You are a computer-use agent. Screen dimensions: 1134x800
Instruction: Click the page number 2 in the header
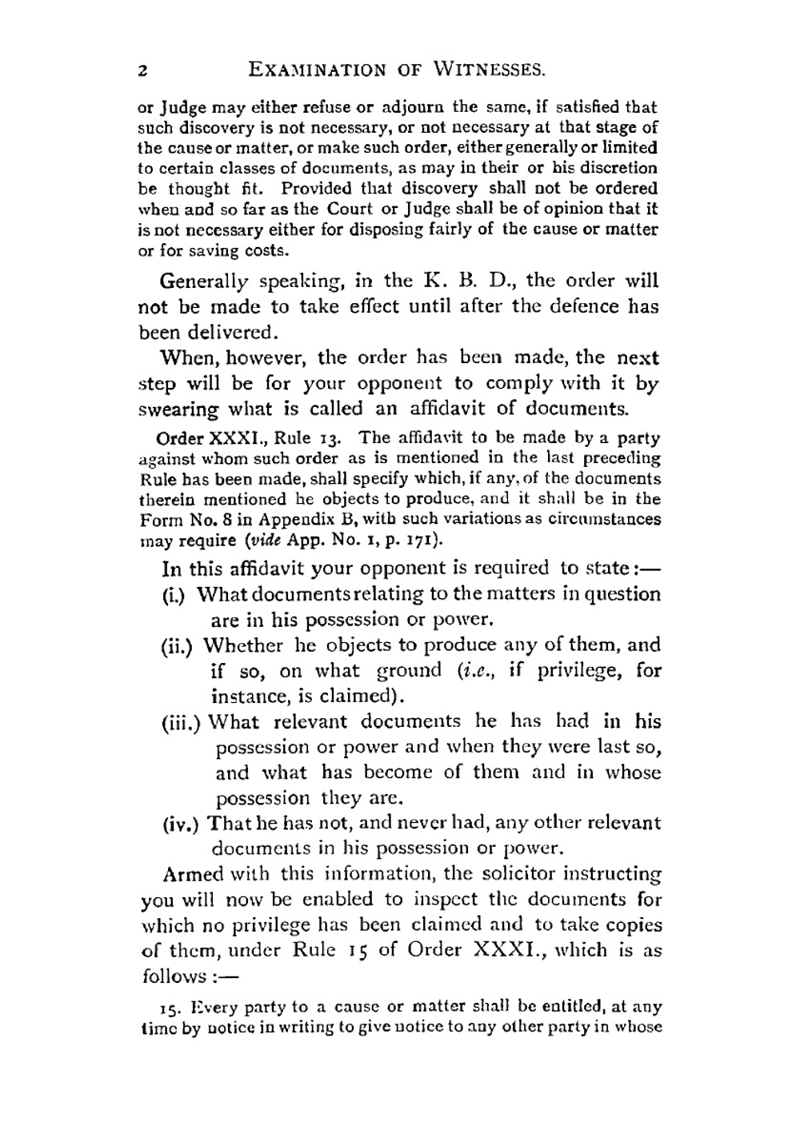coord(142,70)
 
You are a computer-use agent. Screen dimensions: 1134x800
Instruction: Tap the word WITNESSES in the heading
coord(490,70)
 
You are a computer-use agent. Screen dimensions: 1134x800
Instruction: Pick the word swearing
coord(178,409)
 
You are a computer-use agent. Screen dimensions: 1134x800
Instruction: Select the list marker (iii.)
coord(182,722)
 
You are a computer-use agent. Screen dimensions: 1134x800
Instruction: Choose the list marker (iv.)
coord(181,823)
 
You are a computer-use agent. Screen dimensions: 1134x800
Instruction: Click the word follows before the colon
coord(174,976)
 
